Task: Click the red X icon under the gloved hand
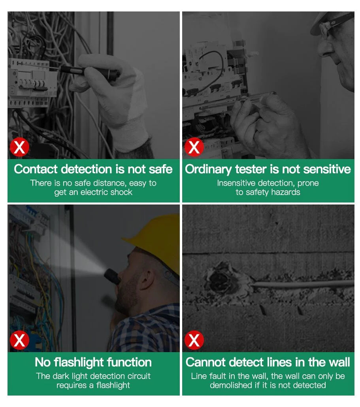(x=19, y=147)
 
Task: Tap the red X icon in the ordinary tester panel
(x=194, y=147)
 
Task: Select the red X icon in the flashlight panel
(x=19, y=340)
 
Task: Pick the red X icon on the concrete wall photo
(x=194, y=340)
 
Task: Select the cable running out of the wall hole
(x=302, y=284)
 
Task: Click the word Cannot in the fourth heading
(x=205, y=362)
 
